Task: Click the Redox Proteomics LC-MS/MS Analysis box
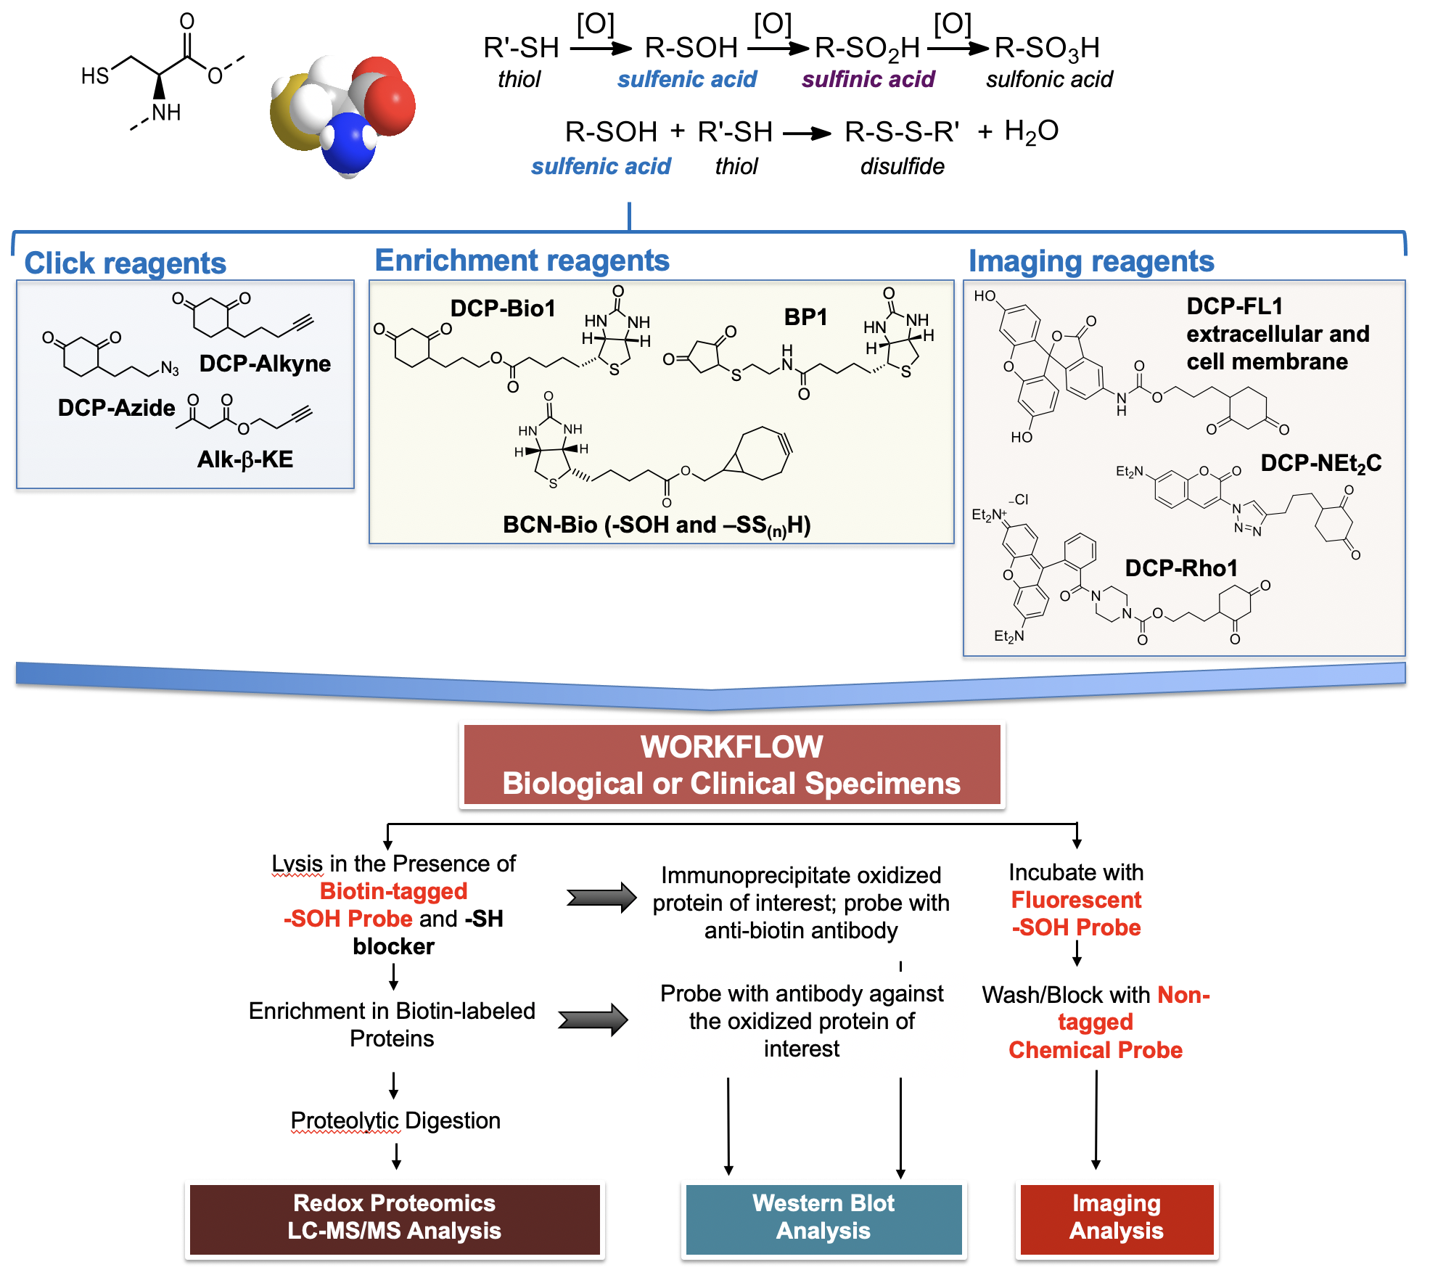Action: coord(394,1218)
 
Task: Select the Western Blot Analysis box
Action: coord(823,1218)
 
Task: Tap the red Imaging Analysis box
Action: coord(1117,1218)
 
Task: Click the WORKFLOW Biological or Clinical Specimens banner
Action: coord(731,765)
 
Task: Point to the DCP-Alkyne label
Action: coord(265,364)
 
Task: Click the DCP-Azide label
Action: coord(116,408)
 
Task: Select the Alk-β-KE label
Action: coord(245,459)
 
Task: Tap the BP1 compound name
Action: coord(805,317)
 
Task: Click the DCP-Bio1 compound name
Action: coord(503,308)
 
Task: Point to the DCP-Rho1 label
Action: coord(1181,568)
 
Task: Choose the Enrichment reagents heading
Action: coord(522,261)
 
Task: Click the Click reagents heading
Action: coord(126,263)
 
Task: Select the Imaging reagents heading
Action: coord(1091,261)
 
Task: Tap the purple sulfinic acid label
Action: coord(868,79)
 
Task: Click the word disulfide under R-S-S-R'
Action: coord(902,167)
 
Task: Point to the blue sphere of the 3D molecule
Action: coord(347,145)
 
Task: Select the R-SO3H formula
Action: coord(1046,49)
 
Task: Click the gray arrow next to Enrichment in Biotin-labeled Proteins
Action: coord(593,1020)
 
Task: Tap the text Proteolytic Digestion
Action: coord(395,1120)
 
